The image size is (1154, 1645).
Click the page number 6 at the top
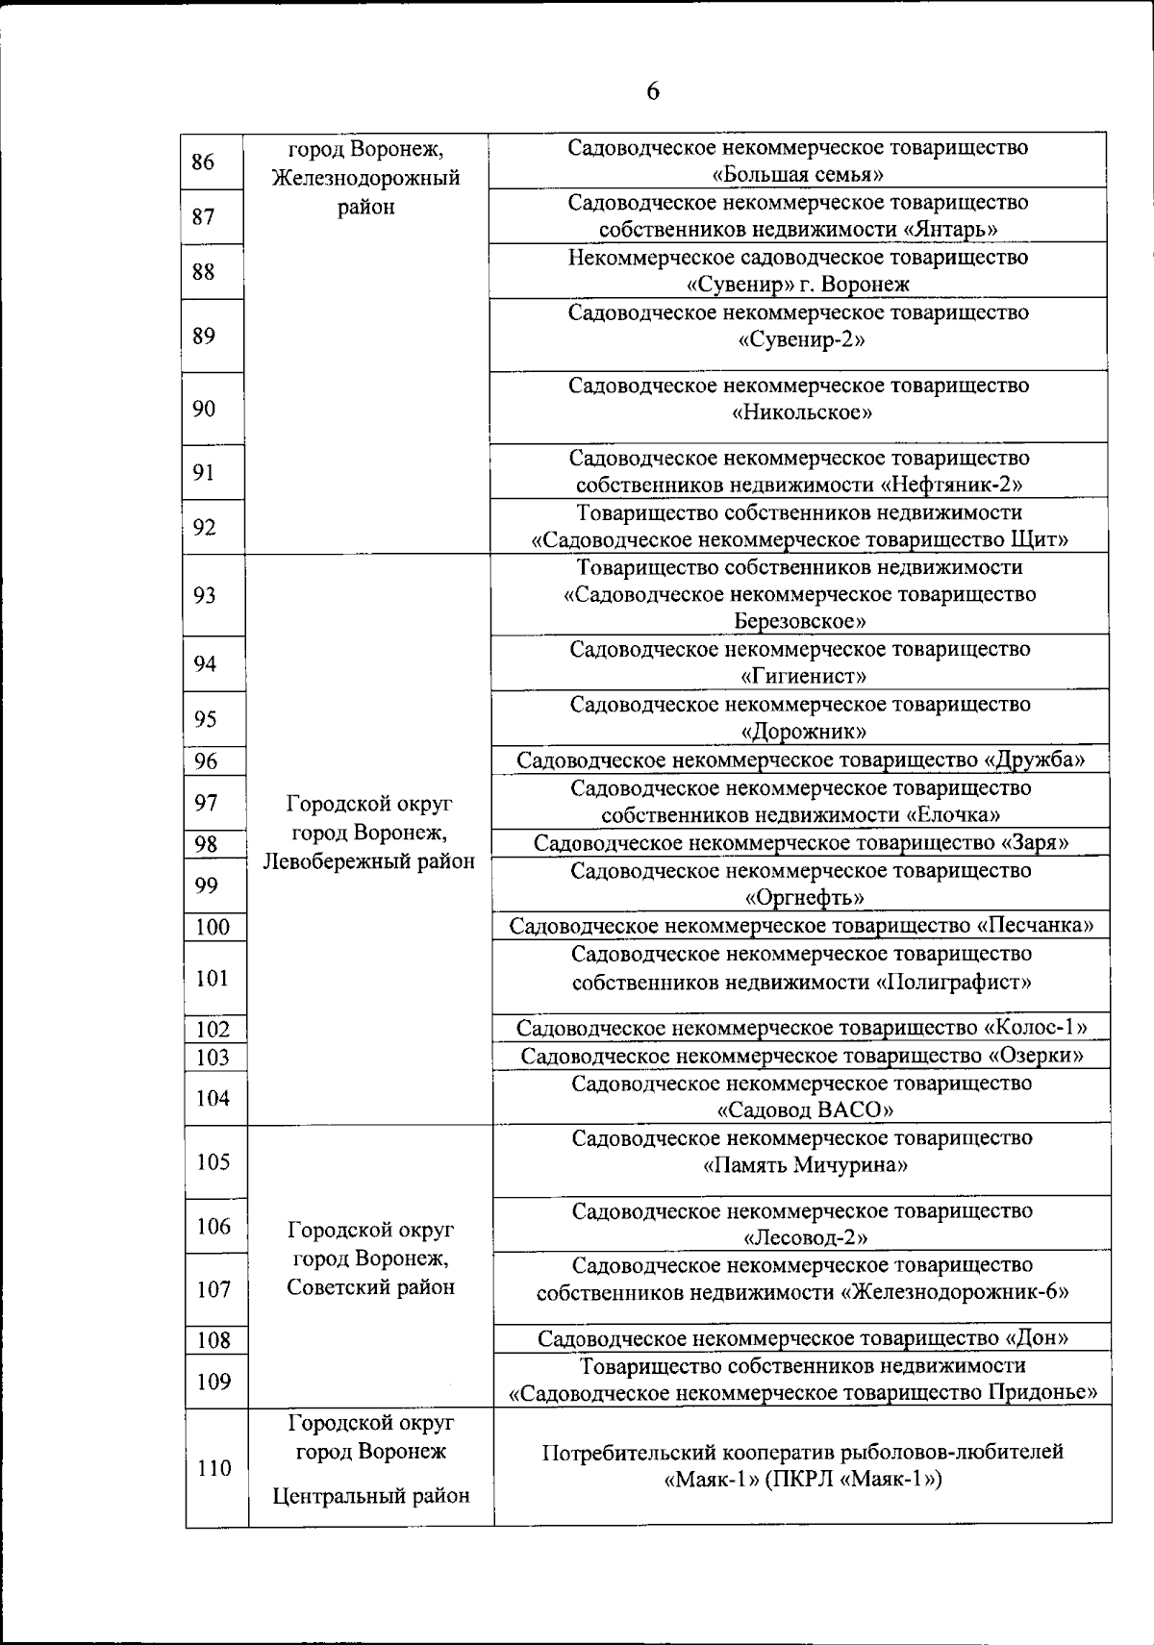click(x=653, y=91)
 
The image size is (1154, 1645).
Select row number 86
click(x=203, y=162)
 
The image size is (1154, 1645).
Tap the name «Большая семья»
click(x=797, y=175)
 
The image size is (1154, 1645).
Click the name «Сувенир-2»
click(x=797, y=340)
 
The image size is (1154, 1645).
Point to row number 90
click(x=204, y=409)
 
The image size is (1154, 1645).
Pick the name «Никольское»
click(x=802, y=413)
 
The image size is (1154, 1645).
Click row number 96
click(x=206, y=761)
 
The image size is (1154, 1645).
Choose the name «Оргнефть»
click(x=805, y=898)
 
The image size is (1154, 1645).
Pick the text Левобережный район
click(x=369, y=861)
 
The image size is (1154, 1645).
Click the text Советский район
click(x=371, y=1287)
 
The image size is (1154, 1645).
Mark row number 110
click(x=213, y=1468)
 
